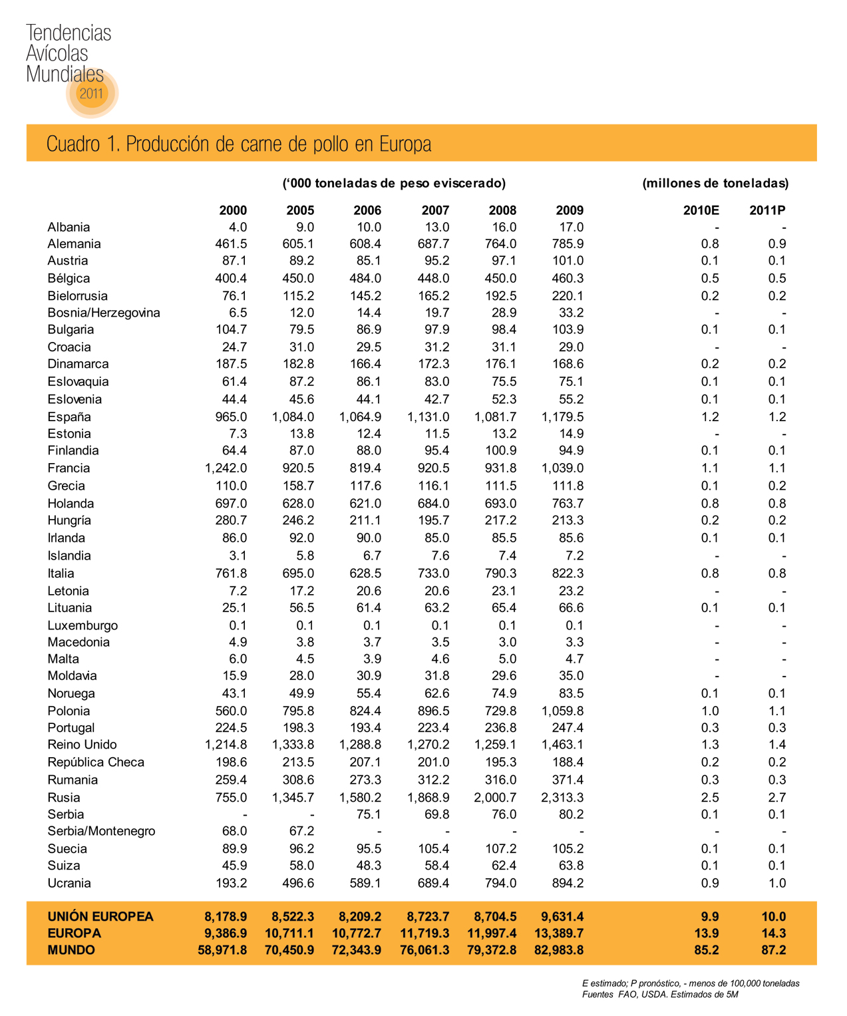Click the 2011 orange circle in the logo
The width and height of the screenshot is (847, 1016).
92,93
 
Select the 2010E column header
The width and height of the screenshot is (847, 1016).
701,210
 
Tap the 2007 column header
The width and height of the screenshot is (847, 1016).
435,210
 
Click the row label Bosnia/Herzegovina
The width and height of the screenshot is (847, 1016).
104,313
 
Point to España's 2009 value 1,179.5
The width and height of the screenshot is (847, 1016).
562,417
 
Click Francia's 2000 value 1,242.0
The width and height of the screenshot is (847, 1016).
226,468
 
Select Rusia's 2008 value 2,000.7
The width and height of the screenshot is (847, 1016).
495,798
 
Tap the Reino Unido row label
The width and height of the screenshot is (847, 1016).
82,745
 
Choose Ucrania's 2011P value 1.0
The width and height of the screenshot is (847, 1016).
776,884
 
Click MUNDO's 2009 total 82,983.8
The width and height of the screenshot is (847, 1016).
559,950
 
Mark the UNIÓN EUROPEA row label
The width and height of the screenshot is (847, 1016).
100,917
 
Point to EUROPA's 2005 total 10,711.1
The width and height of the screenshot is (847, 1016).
289,933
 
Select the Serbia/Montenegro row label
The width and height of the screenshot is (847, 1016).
101,831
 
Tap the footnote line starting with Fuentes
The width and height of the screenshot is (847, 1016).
660,995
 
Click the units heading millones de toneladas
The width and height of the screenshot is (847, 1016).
715,183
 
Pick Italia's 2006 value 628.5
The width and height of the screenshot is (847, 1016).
365,574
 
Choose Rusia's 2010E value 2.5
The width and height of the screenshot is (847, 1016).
709,798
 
